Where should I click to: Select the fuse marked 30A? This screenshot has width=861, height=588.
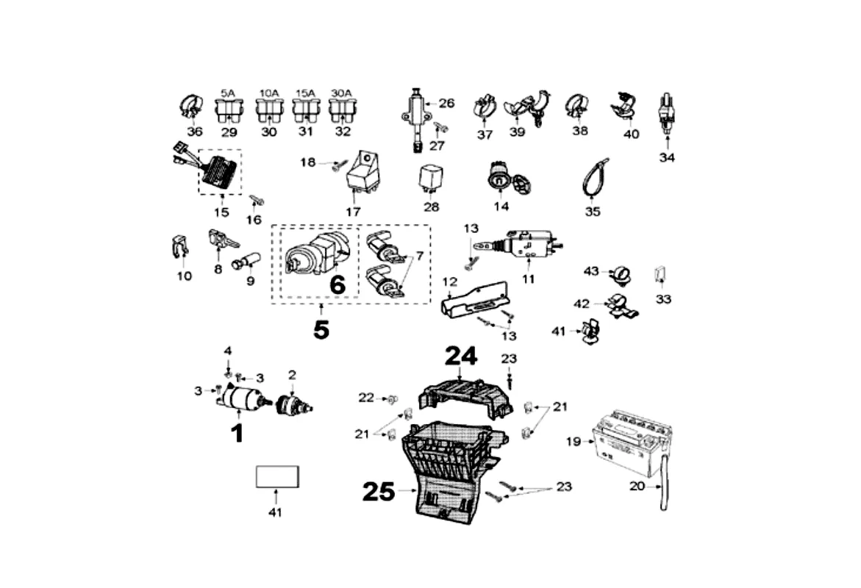coord(342,111)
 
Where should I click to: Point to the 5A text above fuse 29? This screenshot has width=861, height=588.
coord(228,93)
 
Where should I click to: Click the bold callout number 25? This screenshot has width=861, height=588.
coord(379,492)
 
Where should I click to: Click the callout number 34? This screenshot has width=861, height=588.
coord(667,157)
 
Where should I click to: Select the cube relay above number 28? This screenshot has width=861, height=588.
coord(431,176)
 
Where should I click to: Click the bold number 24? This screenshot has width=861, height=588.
coord(460,357)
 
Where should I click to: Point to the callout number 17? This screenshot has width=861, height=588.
coord(354,211)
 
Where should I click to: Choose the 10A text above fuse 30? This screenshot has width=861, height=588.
coord(269,93)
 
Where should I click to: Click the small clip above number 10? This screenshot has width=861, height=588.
coord(179,248)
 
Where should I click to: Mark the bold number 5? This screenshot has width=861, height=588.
coord(321,330)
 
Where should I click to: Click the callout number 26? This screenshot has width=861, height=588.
coord(447,104)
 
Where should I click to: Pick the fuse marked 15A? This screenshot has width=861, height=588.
coord(305,111)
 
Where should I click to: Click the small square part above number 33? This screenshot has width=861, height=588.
coord(660,275)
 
